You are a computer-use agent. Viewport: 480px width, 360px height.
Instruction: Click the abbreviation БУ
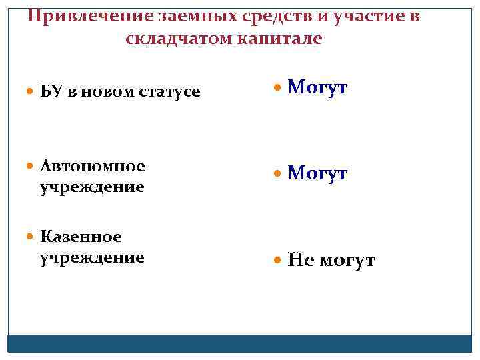click(50, 91)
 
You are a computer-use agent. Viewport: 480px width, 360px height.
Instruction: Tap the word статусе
click(169, 91)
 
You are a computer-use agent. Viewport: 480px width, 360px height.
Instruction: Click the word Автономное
click(92, 165)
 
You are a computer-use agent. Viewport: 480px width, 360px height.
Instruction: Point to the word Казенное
click(81, 237)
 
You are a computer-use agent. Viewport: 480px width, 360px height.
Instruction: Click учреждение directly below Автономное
click(92, 187)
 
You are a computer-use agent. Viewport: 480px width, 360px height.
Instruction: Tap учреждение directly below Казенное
click(92, 257)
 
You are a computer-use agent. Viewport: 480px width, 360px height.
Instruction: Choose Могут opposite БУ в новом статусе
click(317, 88)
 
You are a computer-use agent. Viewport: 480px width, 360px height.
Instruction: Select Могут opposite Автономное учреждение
click(317, 174)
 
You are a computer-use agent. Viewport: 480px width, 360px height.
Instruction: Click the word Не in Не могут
click(301, 260)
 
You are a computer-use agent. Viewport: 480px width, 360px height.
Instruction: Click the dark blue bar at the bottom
click(240, 343)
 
